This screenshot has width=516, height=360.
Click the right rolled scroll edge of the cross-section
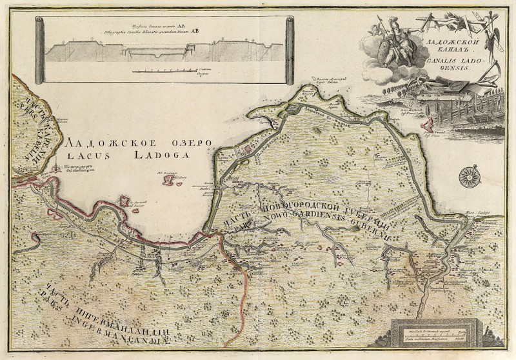point(290,50)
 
